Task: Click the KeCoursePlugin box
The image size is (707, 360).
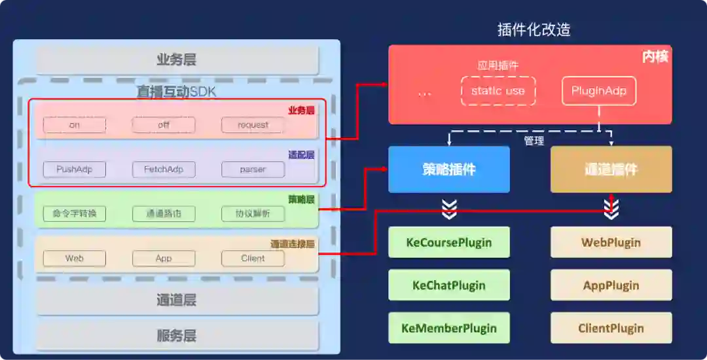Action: (x=449, y=242)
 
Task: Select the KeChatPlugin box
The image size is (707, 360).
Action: (x=449, y=285)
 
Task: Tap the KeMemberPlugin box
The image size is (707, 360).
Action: (x=449, y=328)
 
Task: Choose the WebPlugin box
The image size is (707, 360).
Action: (x=611, y=242)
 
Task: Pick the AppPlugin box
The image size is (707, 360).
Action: (x=611, y=285)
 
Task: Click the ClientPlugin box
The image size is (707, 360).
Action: (x=611, y=328)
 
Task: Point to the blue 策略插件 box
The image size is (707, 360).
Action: (x=449, y=170)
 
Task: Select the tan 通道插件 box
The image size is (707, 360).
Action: (x=611, y=170)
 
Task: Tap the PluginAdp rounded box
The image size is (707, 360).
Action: (x=598, y=91)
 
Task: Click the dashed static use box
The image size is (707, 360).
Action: (x=498, y=91)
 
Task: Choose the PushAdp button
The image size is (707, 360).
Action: (x=75, y=169)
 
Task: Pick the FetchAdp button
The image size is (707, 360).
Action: (x=164, y=169)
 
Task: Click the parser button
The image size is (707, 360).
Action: (x=253, y=169)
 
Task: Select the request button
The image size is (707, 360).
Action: (x=253, y=124)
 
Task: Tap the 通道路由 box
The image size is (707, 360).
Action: (x=164, y=213)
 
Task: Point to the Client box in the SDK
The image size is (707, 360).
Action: (x=253, y=258)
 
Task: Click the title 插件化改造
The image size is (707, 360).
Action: (x=534, y=30)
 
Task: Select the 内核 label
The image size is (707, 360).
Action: (x=655, y=57)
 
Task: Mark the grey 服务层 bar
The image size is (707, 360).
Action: (x=177, y=336)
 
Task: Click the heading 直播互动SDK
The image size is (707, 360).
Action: (x=176, y=92)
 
